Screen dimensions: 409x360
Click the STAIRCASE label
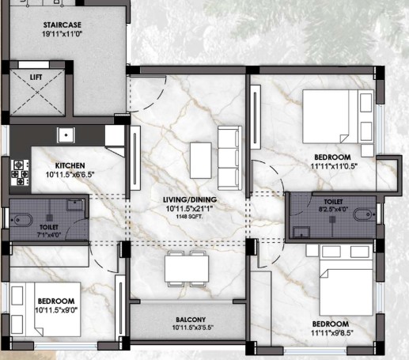pyautogui.click(x=62, y=25)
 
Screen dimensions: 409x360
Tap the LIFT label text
pyautogui.click(x=36, y=78)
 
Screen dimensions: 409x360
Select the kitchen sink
pyautogui.click(x=66, y=135)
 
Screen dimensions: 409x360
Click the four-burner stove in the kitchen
pyautogui.click(x=20, y=172)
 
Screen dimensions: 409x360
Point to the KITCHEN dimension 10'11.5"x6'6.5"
pyautogui.click(x=70, y=175)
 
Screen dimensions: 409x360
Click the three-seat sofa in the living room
pyautogui.click(x=229, y=158)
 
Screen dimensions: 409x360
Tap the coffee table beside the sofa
pyautogui.click(x=201, y=161)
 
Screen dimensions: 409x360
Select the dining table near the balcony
pyautogui.click(x=187, y=269)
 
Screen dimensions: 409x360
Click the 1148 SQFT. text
pyautogui.click(x=190, y=217)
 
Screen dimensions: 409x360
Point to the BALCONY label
pyautogui.click(x=191, y=320)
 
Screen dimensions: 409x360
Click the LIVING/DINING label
pyautogui.click(x=190, y=199)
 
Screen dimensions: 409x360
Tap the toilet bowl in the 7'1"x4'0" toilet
pyautogui.click(x=21, y=220)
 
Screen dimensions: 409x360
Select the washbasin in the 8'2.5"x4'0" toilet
pyautogui.click(x=301, y=232)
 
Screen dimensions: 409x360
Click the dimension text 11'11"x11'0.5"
pyautogui.click(x=334, y=166)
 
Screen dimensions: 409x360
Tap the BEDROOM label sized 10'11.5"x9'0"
pyautogui.click(x=56, y=301)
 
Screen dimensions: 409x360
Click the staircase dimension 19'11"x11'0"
pyautogui.click(x=62, y=34)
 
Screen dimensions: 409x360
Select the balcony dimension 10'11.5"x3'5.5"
pyautogui.click(x=193, y=328)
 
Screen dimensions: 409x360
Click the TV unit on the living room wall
pyautogui.click(x=135, y=158)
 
